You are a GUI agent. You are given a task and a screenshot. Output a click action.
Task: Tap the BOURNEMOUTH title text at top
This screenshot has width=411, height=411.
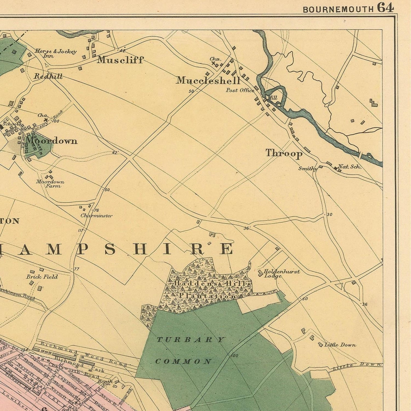click(x=338, y=10)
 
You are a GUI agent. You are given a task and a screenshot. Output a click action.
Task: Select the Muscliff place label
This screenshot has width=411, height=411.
click(x=120, y=60)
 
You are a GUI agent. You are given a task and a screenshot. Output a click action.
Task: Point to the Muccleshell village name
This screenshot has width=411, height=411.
click(x=208, y=81)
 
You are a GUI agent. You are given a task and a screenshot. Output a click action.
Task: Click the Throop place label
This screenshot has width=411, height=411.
click(x=284, y=153)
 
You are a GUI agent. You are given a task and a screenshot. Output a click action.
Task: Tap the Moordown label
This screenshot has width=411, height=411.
click(x=52, y=141)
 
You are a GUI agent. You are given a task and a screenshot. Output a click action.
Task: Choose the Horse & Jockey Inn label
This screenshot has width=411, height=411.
click(x=56, y=53)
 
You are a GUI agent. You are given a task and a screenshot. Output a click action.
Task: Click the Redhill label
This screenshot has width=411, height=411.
click(x=48, y=76)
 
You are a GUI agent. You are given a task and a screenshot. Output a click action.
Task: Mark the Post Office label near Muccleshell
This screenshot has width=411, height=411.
click(x=240, y=90)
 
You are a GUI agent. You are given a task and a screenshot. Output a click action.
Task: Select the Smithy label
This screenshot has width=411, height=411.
click(x=307, y=169)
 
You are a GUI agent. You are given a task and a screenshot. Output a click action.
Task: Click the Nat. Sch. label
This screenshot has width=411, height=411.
click(x=350, y=167)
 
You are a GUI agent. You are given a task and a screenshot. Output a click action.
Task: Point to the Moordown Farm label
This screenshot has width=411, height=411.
click(x=50, y=184)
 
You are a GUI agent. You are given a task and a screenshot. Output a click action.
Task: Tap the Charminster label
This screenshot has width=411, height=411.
click(x=96, y=216)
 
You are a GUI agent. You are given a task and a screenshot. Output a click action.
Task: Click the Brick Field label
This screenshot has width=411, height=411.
click(x=42, y=277)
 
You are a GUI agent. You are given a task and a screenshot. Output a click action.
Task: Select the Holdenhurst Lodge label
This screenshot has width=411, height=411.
click(x=281, y=274)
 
